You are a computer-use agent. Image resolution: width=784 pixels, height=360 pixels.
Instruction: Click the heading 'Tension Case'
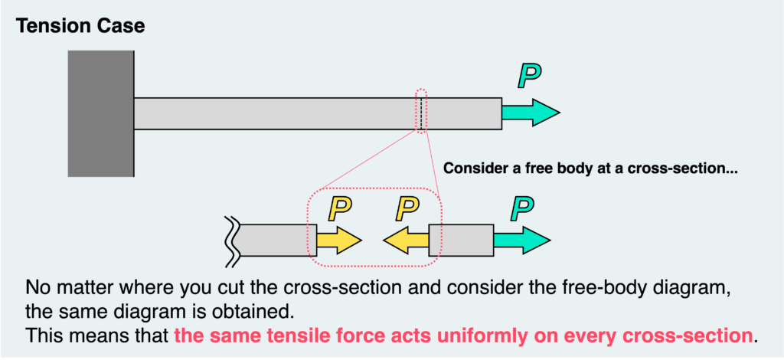80,26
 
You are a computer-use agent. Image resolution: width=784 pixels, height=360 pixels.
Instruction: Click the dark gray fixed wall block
101,113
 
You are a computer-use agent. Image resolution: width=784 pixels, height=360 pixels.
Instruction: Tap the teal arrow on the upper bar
531,113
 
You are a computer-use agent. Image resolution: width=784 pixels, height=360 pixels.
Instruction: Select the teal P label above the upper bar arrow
528,76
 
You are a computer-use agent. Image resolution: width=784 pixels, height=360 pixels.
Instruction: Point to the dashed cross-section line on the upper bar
420,113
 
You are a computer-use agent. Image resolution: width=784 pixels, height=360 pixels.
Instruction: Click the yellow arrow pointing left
405,240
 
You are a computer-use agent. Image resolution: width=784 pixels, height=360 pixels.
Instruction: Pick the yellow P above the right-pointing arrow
338,207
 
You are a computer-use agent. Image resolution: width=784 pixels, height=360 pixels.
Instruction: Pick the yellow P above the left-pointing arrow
410,207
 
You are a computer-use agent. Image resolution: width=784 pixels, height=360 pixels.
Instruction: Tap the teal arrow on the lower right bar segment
521,240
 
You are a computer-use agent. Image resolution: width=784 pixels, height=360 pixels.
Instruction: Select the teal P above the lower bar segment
524,206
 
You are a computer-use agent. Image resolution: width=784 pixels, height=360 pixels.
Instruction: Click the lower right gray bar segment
461,240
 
